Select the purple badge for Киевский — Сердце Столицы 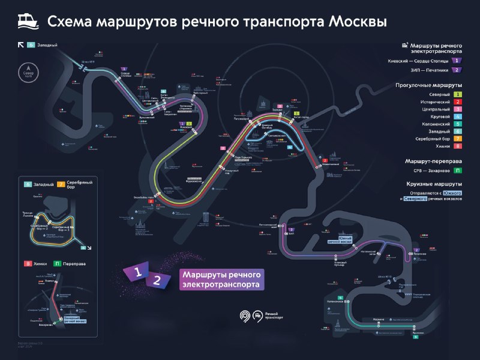457,61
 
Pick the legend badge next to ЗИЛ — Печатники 457,70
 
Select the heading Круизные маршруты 434,184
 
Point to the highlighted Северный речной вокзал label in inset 75,320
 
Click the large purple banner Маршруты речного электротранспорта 222,280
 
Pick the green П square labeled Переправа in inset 57,263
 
